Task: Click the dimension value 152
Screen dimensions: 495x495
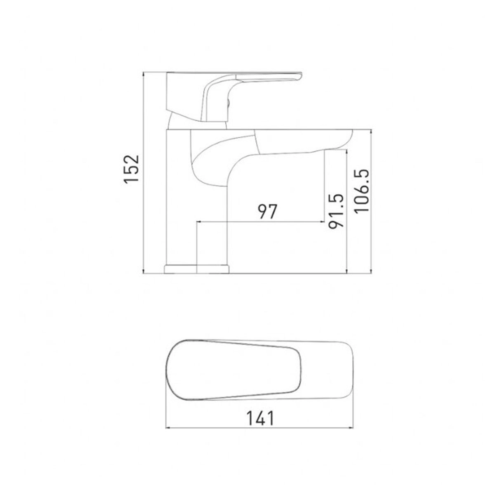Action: (131, 169)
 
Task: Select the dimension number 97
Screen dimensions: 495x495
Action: (267, 211)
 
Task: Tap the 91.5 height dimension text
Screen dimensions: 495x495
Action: (336, 211)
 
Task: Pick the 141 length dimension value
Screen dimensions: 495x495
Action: (260, 418)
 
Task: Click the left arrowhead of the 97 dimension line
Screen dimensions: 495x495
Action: (198, 221)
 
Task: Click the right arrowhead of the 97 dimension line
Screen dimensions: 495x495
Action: (322, 221)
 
